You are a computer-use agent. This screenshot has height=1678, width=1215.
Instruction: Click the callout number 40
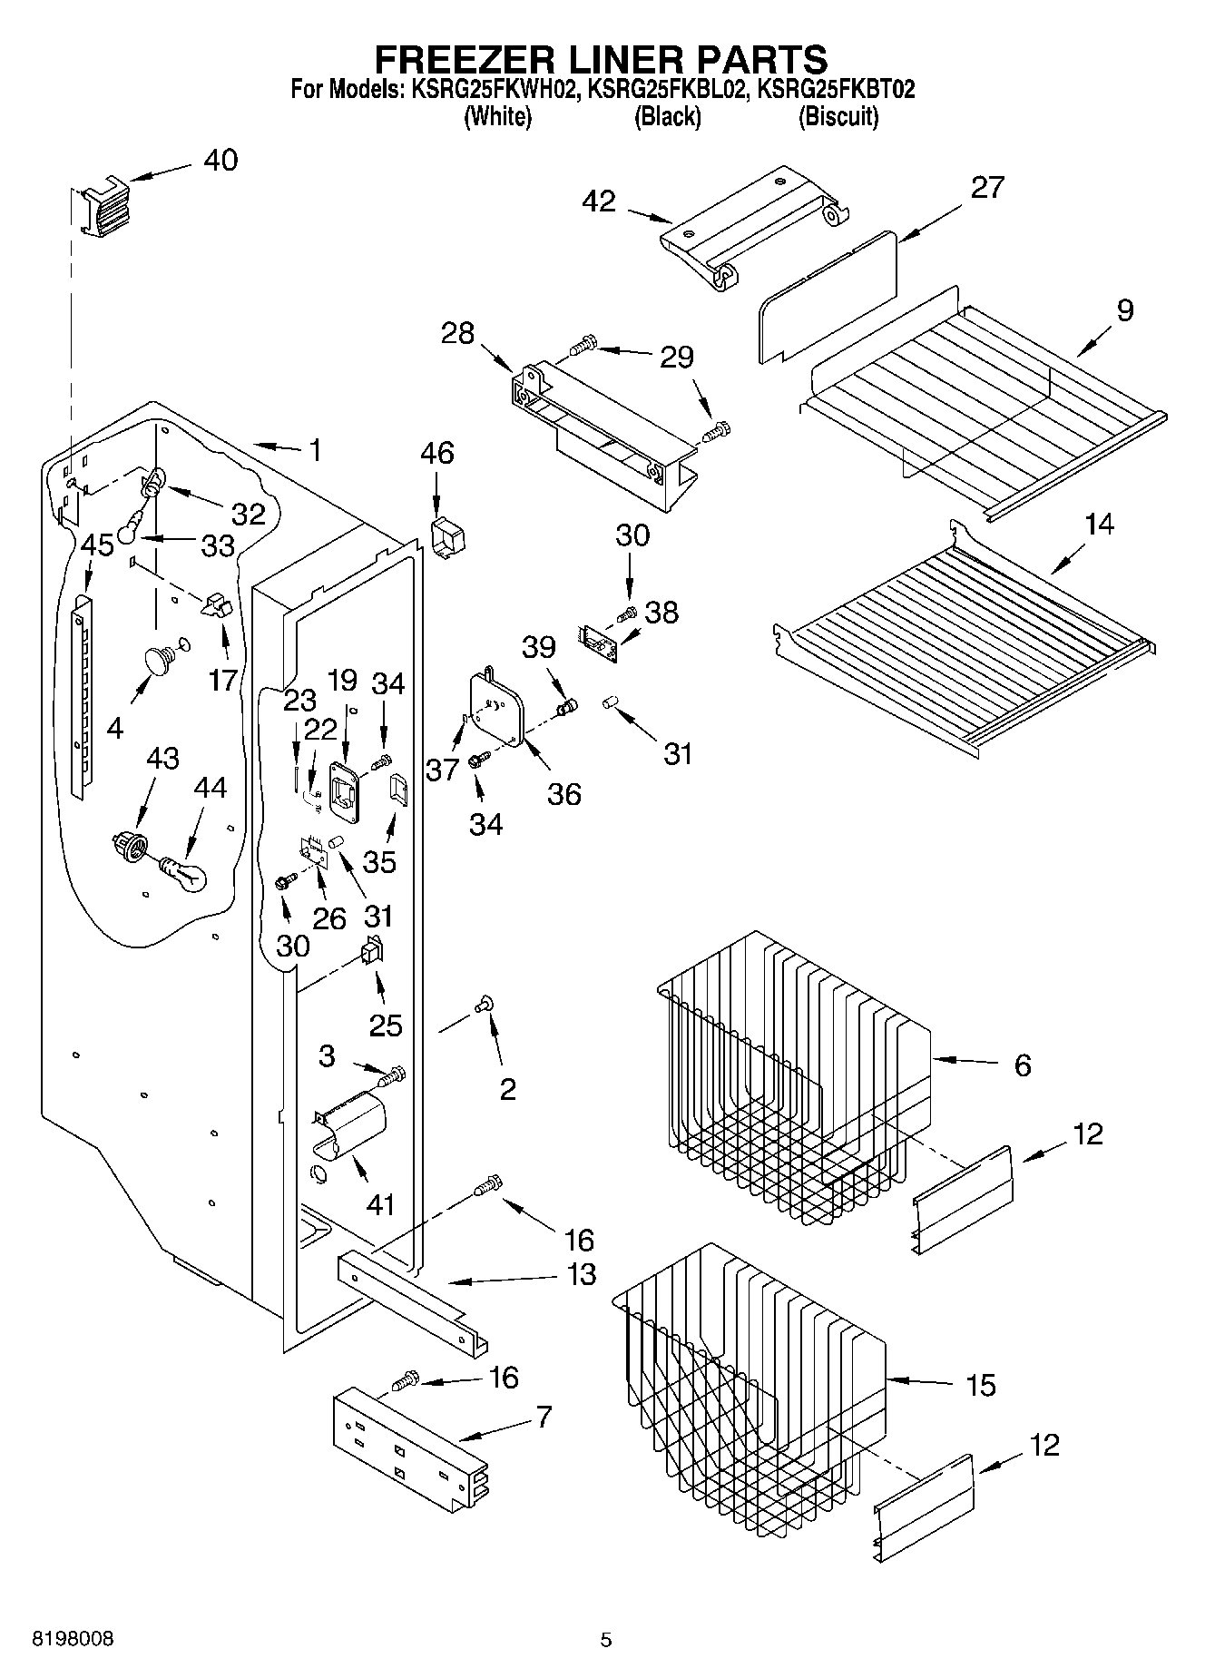(x=220, y=161)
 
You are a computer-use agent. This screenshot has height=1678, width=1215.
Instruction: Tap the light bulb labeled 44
(x=184, y=874)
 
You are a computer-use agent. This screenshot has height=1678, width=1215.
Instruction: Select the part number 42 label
(x=600, y=201)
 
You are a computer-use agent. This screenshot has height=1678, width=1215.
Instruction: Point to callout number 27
(x=986, y=188)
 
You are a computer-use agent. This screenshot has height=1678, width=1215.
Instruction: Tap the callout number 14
(x=1099, y=525)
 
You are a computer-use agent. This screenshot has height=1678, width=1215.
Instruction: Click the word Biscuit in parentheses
(x=838, y=117)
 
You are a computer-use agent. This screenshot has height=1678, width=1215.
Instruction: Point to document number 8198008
(x=73, y=1640)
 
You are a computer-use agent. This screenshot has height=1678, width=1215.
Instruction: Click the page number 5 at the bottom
(x=606, y=1640)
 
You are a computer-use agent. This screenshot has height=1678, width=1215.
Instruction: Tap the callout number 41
(x=380, y=1205)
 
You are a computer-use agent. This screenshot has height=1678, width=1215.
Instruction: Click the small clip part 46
(x=446, y=537)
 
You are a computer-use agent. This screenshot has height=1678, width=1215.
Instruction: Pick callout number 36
(x=563, y=794)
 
